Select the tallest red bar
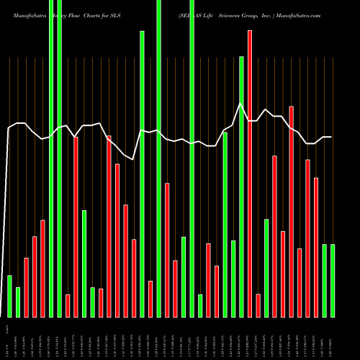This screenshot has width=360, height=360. [250, 173]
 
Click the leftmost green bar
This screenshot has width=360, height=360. [9, 296]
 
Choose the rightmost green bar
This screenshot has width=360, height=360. [333, 281]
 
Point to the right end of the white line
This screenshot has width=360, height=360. [331, 137]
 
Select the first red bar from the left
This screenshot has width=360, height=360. [26, 287]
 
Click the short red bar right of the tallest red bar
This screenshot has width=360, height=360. [258, 305]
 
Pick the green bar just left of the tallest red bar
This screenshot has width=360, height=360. [241, 187]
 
